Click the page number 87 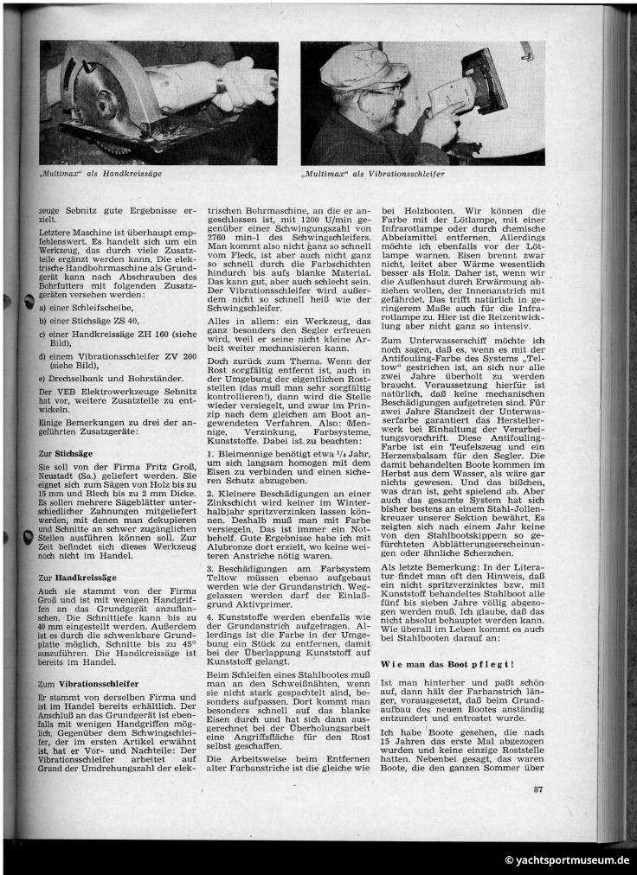(x=538, y=789)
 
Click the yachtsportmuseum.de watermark (x=567, y=860)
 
